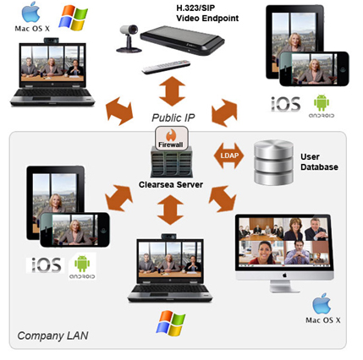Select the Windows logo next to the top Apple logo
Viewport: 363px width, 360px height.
73,19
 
